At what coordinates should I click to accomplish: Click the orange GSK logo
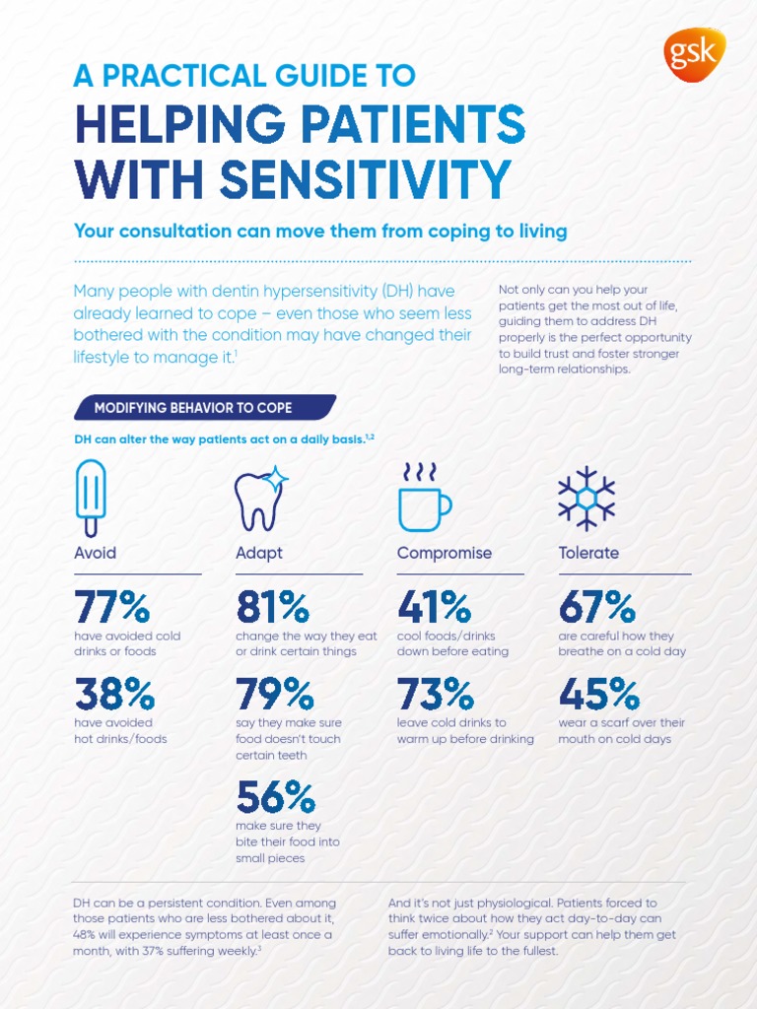coord(695,54)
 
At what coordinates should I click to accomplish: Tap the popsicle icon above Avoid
coord(91,498)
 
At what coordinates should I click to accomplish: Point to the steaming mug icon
coord(423,498)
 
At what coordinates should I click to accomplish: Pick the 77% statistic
coord(111,607)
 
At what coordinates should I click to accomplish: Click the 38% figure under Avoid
coord(113,694)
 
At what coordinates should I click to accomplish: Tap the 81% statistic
coord(272,607)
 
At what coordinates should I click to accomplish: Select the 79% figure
coord(274,694)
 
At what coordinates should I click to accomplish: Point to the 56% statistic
coord(276,796)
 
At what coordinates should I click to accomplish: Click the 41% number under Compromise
coord(434,607)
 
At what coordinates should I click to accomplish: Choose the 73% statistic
coord(435,694)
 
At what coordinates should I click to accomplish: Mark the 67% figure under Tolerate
coord(597,607)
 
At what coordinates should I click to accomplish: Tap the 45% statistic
coord(598,694)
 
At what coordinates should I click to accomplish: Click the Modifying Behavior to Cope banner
coord(202,408)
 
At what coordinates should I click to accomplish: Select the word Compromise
coord(444,553)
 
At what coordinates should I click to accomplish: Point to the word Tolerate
coord(588,553)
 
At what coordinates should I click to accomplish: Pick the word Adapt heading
coord(259,553)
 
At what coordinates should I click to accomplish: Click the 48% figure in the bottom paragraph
coord(86,935)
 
